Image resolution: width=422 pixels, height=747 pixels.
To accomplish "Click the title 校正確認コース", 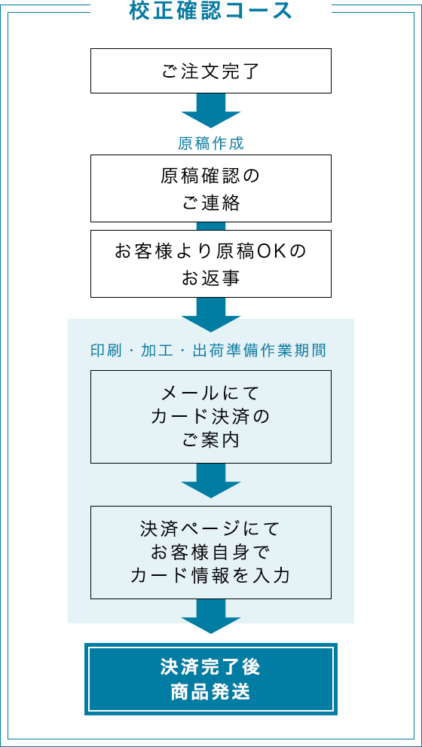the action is pos(210,11).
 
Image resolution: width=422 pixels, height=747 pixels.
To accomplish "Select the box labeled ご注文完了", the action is pos(211,71).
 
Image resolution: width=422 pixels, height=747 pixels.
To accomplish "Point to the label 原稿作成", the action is pos(211,143).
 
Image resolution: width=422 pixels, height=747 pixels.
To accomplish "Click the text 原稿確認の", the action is pos(211,177).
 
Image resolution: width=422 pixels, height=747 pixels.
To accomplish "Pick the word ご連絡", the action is pos(211,203).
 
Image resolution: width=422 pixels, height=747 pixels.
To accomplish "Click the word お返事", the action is pos(211,278).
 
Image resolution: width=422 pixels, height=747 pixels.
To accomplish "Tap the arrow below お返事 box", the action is pos(211,314).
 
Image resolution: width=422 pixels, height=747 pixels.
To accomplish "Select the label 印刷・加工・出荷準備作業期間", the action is pos(208,351).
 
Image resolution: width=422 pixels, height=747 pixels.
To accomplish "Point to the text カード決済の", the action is pos(211,417).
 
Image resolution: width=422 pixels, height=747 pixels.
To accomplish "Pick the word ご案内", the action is pos(211,441).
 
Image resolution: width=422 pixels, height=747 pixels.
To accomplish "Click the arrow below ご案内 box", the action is pos(211,481).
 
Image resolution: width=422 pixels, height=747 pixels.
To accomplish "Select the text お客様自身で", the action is pos(211,553).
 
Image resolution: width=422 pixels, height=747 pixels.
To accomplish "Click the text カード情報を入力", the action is pos(211,577).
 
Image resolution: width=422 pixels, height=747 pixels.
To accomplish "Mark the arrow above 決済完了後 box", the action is pos(211,617).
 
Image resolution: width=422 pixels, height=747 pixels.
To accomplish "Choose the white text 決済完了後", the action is pos(211,667).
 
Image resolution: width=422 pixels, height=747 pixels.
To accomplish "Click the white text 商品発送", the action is pos(211,692).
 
